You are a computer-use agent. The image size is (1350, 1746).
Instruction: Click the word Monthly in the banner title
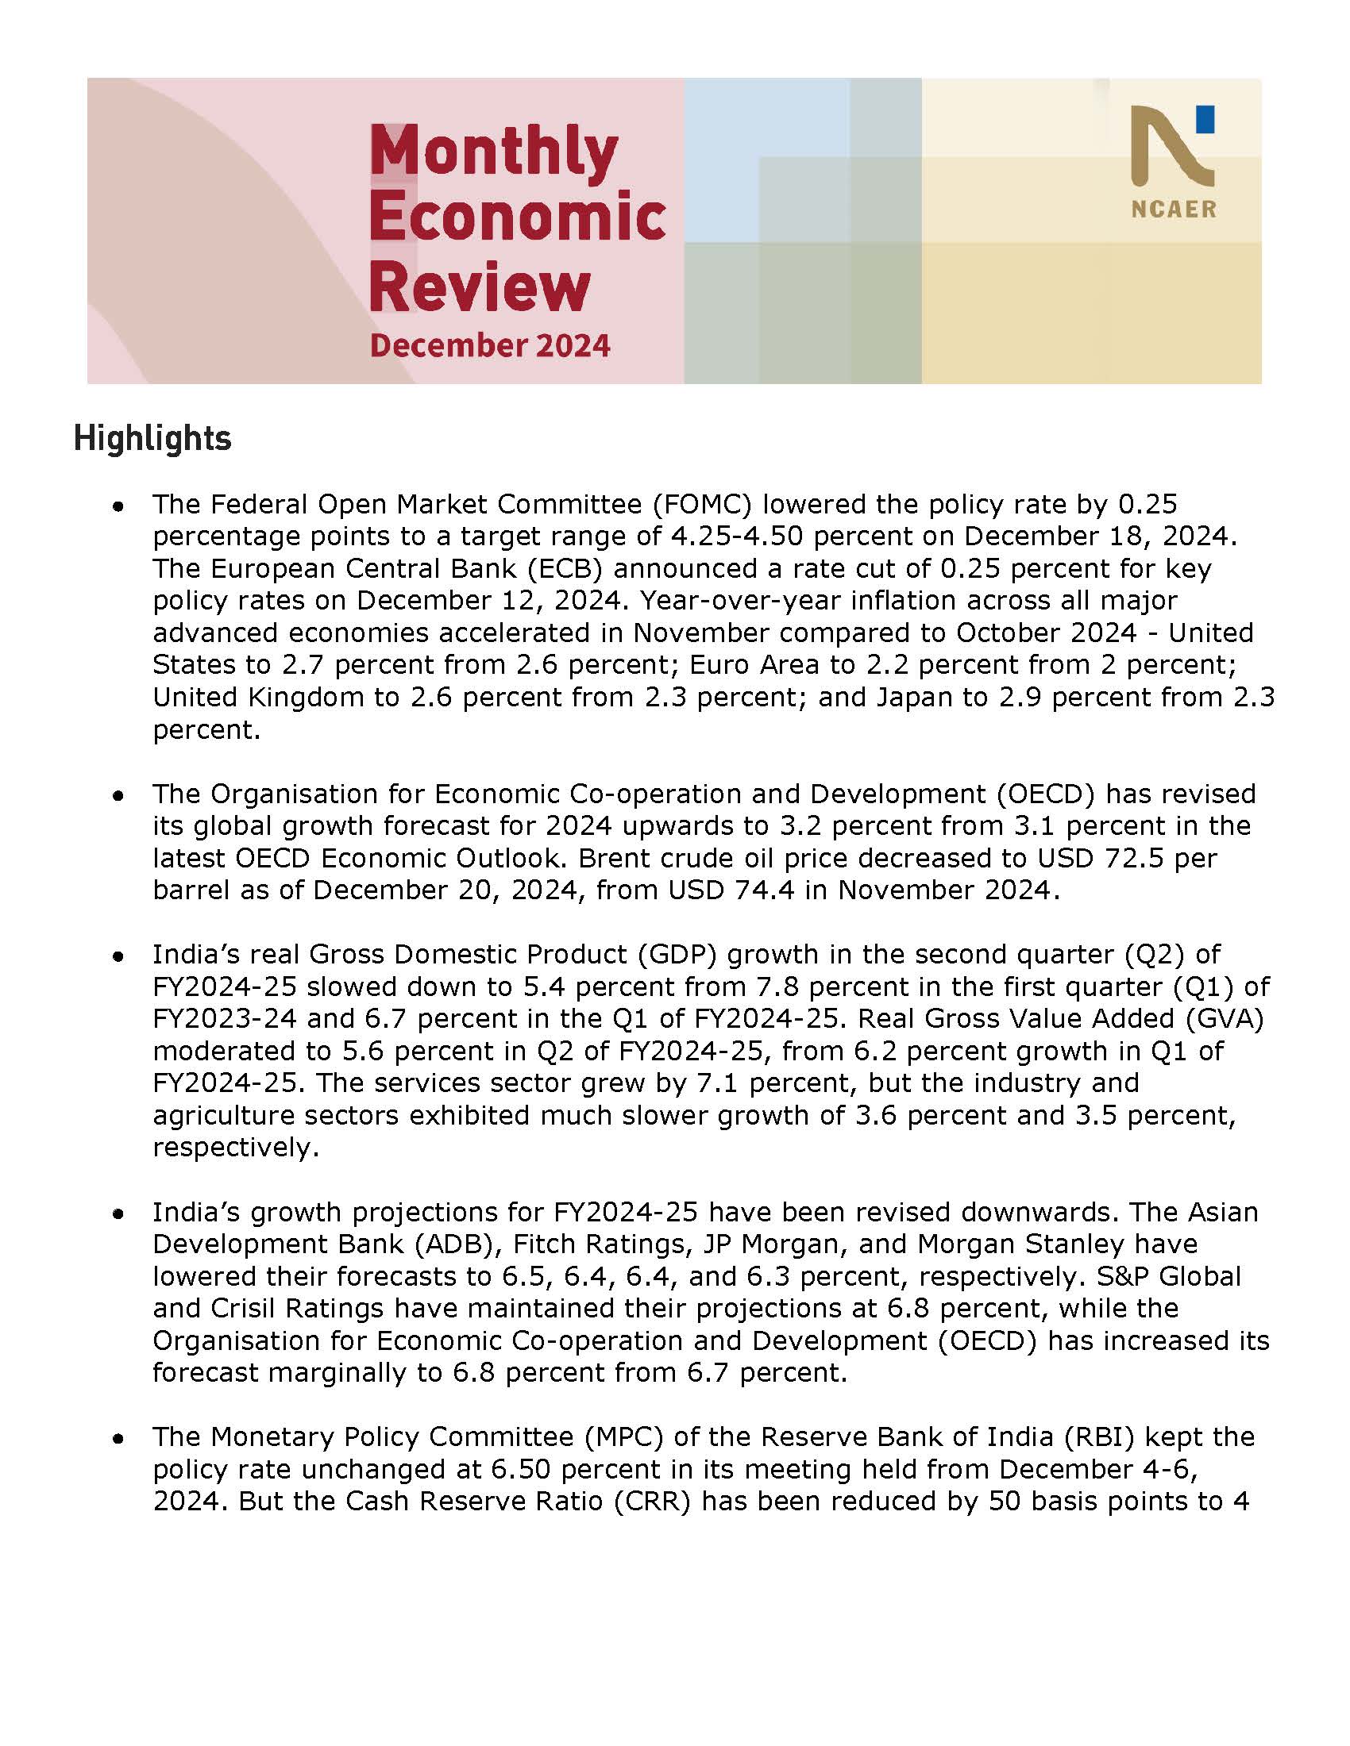tap(493, 151)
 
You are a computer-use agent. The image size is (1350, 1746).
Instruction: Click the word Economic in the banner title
tap(518, 217)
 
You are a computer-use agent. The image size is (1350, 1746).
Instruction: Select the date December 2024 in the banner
tap(490, 345)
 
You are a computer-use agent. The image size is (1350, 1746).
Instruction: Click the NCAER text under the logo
tap(1173, 210)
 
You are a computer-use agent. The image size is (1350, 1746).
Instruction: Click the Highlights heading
tap(152, 439)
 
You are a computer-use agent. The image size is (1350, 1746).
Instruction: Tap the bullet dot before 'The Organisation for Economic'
tap(118, 796)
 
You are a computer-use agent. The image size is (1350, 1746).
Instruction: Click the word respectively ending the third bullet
tap(235, 1148)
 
